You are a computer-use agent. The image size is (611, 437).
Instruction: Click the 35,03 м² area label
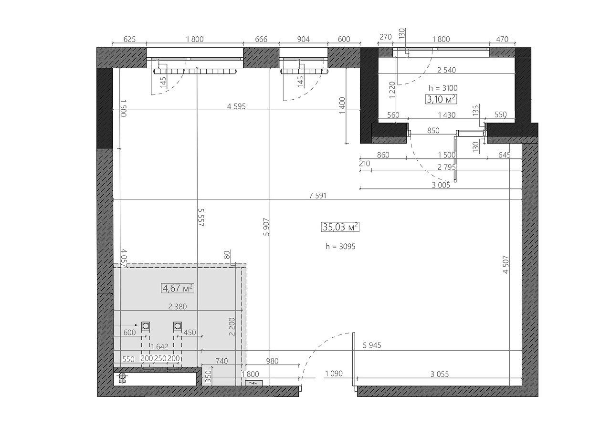tap(340, 227)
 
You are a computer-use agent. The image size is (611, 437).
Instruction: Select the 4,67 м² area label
tap(178, 288)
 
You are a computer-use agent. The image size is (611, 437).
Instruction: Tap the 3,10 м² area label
tap(441, 99)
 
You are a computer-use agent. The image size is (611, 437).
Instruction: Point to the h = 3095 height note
tap(340, 247)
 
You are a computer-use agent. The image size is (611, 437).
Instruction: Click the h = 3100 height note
tap(443, 88)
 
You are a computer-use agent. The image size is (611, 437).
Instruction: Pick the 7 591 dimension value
tap(317, 196)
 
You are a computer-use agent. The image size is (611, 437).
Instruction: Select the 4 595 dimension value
tap(236, 106)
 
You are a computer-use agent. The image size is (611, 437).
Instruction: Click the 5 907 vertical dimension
tap(266, 227)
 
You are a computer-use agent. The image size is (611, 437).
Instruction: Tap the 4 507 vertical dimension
tap(506, 264)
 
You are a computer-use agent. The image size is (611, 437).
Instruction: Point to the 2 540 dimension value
tap(446, 70)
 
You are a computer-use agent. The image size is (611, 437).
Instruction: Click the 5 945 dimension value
tap(372, 345)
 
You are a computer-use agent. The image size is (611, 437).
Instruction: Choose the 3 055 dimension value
tap(440, 375)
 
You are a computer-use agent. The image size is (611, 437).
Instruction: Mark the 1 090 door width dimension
tap(334, 374)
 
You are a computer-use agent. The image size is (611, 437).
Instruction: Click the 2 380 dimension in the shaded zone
tap(177, 307)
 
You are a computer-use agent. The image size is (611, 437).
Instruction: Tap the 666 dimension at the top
tap(261, 39)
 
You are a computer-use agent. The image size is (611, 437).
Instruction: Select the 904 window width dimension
tap(303, 39)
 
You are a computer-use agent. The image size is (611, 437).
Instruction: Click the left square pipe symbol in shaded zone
tap(146, 326)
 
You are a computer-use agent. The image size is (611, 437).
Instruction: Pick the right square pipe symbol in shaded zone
tap(178, 326)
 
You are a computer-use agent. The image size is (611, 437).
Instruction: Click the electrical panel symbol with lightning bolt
tap(253, 383)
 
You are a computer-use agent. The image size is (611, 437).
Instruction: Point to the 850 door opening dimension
tap(433, 131)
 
